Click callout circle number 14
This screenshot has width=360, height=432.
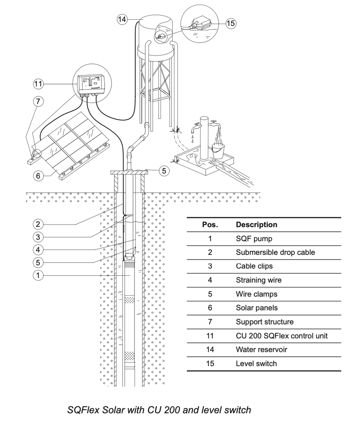[122, 19]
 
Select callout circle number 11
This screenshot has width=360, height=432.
[38, 84]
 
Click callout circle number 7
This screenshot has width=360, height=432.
[38, 101]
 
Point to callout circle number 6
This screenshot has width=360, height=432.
[38, 176]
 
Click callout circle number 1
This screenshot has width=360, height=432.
[38, 275]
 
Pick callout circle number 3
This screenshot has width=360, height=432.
[38, 237]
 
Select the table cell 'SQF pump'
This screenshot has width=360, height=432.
[254, 239]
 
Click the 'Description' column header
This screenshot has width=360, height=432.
[256, 224]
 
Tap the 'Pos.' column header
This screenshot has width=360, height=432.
[210, 224]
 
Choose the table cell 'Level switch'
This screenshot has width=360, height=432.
[256, 363]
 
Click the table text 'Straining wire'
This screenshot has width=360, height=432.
[259, 280]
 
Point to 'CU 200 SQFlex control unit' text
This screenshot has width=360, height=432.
[282, 336]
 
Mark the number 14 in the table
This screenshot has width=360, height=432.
[210, 350]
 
